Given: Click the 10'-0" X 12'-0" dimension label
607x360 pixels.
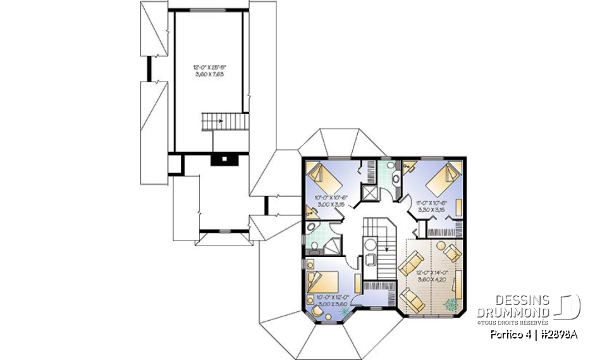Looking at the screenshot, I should point(333,300).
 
